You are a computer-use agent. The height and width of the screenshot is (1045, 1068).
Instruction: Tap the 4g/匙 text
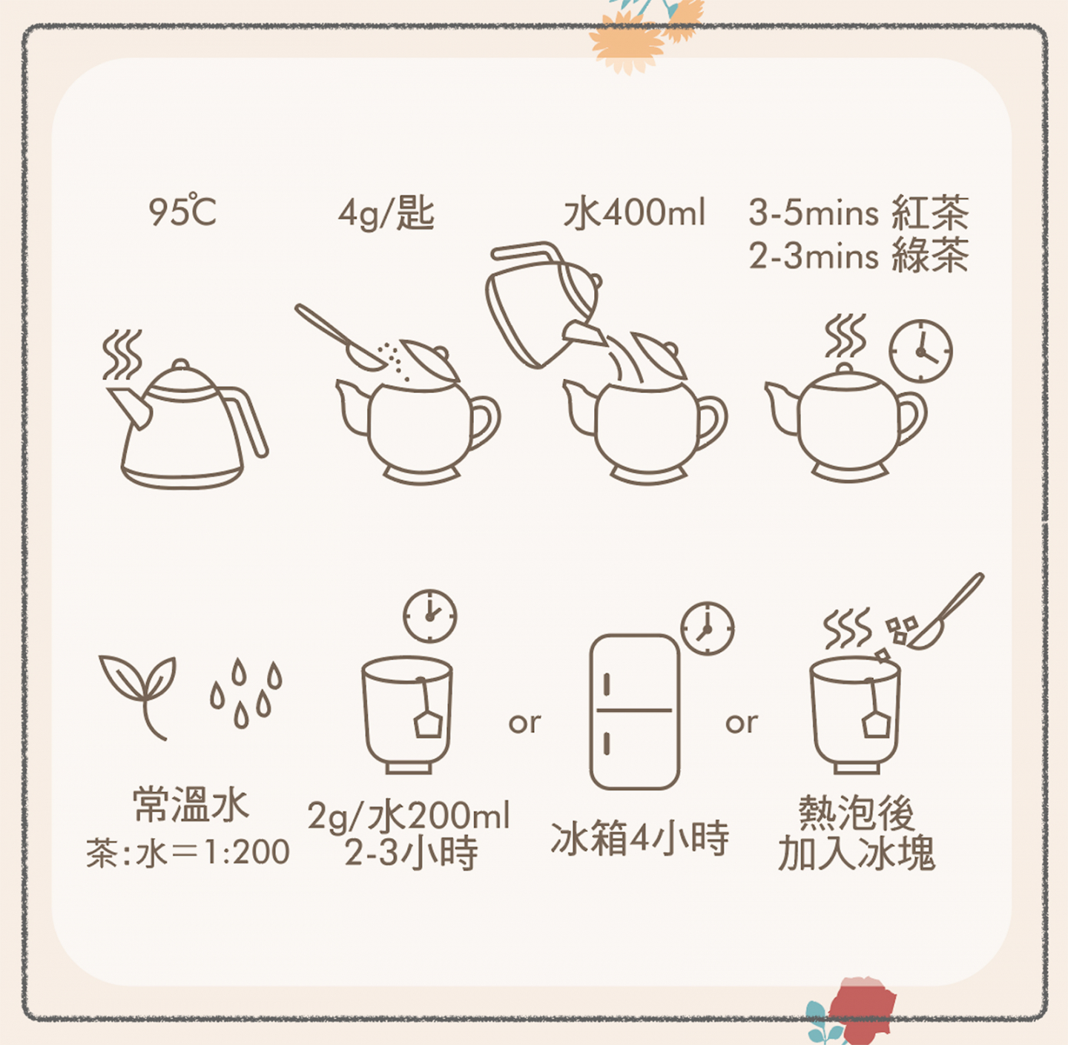(x=386, y=213)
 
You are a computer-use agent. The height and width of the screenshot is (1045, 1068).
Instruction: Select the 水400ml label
(x=634, y=213)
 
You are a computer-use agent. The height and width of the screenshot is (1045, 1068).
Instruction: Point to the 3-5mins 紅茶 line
(x=858, y=213)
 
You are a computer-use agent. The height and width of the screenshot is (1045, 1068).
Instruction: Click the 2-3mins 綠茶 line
(x=858, y=256)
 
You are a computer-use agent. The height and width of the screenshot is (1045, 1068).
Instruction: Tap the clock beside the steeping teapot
(x=920, y=352)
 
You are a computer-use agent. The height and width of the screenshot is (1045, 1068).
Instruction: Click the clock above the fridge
(x=707, y=628)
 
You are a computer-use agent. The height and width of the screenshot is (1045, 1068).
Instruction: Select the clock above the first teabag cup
(x=429, y=616)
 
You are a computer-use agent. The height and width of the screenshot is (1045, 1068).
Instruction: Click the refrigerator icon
(x=634, y=712)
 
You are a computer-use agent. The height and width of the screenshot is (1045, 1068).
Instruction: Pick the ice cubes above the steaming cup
(x=900, y=630)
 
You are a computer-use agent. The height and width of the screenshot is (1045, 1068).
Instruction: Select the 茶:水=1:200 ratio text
(x=188, y=852)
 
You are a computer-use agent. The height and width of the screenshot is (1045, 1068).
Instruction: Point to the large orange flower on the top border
(x=627, y=42)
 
